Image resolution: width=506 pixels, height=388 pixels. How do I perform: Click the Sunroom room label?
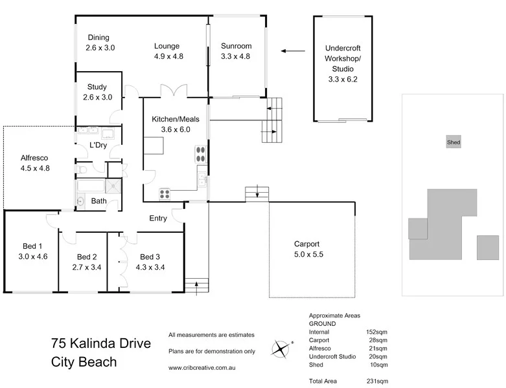tap(236, 47)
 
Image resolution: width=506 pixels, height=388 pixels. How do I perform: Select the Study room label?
tap(97, 87)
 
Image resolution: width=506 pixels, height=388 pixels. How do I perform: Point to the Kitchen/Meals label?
tap(175, 120)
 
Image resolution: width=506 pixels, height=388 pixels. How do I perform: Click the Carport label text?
tap(308, 244)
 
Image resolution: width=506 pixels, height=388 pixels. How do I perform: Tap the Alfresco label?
tap(35, 158)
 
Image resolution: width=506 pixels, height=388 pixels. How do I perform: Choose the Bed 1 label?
tap(32, 246)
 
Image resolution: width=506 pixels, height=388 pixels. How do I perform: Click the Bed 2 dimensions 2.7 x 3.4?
tap(86, 267)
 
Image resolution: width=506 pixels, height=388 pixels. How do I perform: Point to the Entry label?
tap(158, 219)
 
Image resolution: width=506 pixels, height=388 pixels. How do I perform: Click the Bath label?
tap(98, 201)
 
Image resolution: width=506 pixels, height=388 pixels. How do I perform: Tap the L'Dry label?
tap(97, 145)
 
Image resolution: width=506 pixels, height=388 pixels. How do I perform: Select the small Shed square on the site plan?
tap(454, 142)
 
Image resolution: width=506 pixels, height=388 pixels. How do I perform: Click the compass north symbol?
tap(280, 349)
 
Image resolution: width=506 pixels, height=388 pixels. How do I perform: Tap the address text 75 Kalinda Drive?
tap(100, 343)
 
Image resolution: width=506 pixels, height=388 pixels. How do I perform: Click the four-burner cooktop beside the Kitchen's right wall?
tap(200, 155)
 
